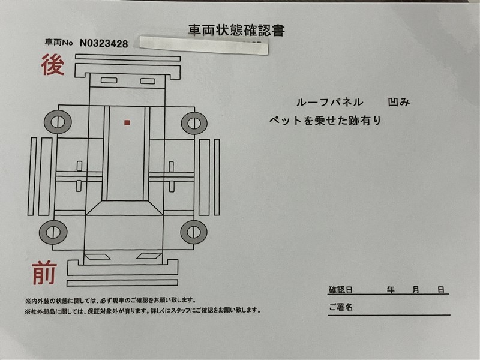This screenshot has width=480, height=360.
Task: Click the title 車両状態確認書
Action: coord(236,31)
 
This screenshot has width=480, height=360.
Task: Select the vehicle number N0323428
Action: coord(104,43)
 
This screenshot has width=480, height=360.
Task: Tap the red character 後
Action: coord(53,65)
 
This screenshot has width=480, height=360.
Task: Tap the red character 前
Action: coord(44,273)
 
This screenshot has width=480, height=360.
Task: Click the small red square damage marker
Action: coord(127,123)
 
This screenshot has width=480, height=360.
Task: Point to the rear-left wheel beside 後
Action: coord(58,122)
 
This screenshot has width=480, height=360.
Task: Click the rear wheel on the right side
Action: coord(194,124)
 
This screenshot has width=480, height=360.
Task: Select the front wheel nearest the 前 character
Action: coord(53,232)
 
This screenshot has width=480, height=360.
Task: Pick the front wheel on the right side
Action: coord(194,232)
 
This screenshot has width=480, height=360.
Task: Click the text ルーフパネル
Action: coord(329,102)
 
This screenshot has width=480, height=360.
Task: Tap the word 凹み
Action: coord(399,102)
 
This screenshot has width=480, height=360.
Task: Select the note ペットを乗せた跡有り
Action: coord(325,121)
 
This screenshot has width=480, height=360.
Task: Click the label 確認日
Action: coord(340,290)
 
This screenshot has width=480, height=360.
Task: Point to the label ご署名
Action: coord(341,307)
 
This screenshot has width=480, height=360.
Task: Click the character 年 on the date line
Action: coord(391,290)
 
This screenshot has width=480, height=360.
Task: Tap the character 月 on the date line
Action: coord(415,290)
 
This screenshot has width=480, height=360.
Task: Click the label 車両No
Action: coord(59,42)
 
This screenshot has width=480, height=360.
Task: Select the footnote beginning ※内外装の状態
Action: coord(110,301)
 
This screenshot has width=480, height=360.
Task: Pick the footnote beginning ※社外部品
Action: coord(143,311)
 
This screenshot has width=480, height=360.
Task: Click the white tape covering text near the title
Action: coord(204,46)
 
